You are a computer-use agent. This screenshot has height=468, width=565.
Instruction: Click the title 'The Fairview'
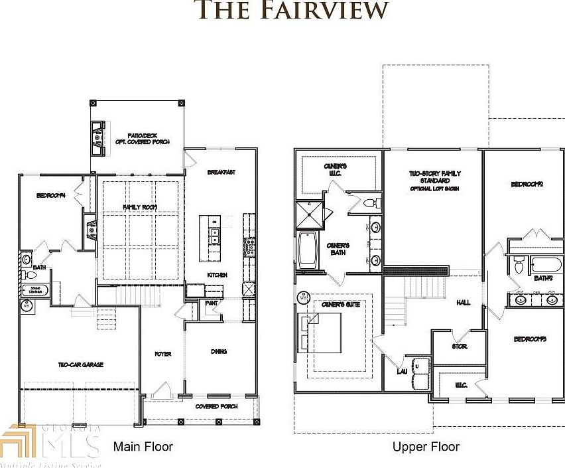[291, 10]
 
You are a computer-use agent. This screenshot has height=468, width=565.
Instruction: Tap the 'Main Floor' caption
[143, 446]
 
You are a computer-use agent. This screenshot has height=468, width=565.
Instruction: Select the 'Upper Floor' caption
[426, 447]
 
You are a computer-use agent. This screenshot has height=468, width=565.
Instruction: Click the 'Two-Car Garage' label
[80, 364]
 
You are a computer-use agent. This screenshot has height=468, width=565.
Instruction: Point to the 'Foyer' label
[163, 354]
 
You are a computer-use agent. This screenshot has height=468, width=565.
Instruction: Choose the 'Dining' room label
[219, 352]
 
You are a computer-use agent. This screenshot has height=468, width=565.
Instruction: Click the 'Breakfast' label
[221, 172]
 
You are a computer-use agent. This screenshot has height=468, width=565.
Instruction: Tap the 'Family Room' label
[139, 208]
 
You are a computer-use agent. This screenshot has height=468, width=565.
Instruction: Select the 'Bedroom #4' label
[50, 196]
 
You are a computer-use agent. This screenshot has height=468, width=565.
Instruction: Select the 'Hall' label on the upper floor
[463, 303]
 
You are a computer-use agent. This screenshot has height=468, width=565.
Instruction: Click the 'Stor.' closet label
[460, 347]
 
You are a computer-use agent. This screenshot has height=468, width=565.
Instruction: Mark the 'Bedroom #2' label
[527, 184]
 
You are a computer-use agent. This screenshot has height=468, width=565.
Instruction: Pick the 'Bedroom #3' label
[530, 339]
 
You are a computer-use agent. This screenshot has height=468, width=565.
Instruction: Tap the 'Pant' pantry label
[211, 303]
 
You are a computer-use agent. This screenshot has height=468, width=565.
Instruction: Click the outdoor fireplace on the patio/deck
[98, 137]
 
